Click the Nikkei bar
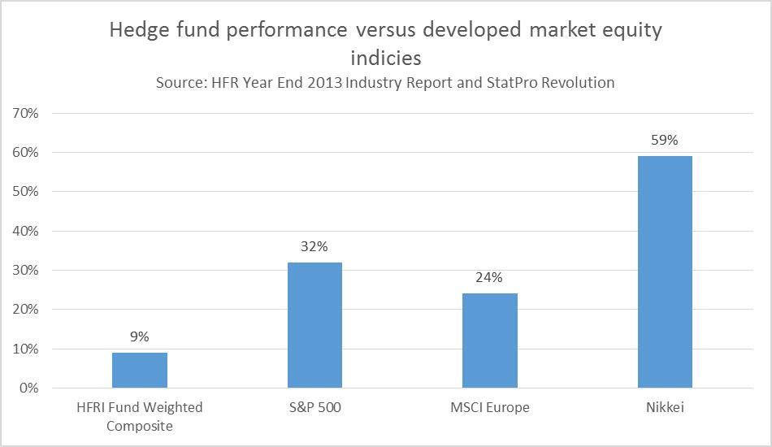click(x=665, y=271)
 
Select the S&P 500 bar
click(x=314, y=325)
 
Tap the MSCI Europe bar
click(x=490, y=341)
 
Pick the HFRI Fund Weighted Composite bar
click(x=140, y=370)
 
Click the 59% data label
click(x=665, y=140)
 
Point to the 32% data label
click(x=314, y=246)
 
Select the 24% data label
click(x=490, y=278)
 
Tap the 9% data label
click(x=140, y=336)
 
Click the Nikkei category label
click(x=665, y=407)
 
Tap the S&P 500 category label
click(x=314, y=407)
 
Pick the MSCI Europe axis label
click(x=490, y=407)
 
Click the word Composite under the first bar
click(x=140, y=425)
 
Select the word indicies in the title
click(x=385, y=58)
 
